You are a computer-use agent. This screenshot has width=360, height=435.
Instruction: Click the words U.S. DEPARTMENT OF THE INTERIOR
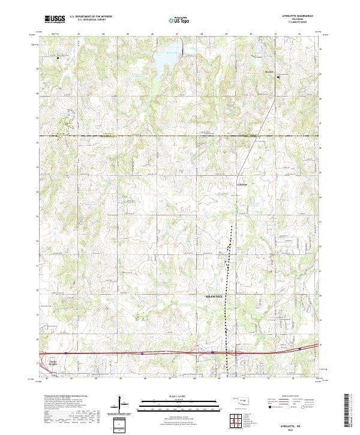click(91, 17)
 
